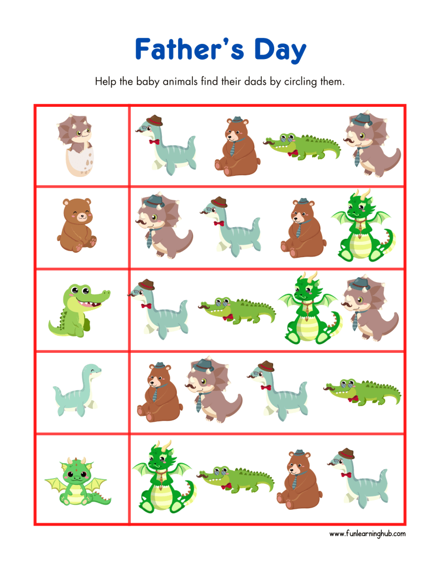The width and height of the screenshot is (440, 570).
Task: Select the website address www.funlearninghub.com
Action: click(367, 533)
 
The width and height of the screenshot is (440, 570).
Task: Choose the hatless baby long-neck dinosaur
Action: click(78, 390)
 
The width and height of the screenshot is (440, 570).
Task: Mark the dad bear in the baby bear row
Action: click(301, 228)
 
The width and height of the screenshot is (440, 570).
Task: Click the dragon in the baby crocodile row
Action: click(309, 309)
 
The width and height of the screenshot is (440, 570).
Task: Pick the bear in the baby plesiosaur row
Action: click(157, 392)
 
